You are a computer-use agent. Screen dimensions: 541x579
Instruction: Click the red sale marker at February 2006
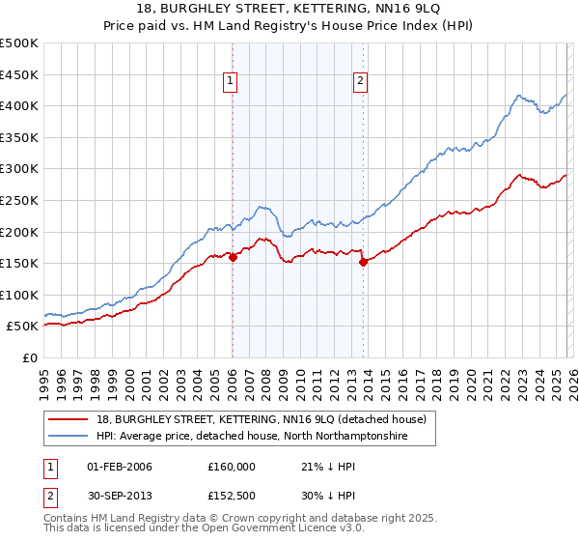233,257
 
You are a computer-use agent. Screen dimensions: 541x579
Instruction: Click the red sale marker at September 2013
363,262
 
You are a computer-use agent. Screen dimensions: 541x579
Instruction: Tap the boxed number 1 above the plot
232,82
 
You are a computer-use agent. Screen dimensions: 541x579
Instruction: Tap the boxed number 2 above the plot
360,82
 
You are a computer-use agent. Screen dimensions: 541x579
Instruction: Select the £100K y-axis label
19,295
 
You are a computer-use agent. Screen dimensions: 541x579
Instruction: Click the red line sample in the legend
69,419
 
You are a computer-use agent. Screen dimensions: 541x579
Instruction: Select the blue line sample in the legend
69,437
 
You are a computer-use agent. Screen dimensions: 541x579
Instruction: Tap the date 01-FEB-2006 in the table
119,467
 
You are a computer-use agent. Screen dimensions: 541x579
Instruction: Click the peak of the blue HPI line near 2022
519,95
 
